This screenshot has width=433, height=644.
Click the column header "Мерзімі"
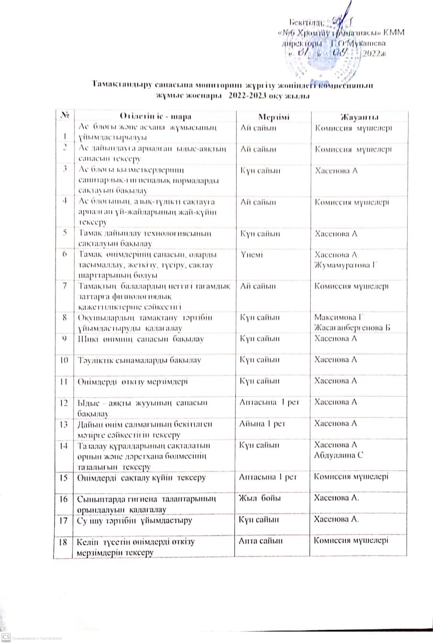pos(274,117)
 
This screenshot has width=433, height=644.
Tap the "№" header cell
pos(66,116)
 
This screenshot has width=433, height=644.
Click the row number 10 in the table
pos(63,360)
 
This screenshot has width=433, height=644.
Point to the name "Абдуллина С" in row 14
pos(339,455)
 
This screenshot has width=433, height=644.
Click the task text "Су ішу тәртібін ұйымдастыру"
pos(135,520)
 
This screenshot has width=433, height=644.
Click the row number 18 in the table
pos(63,542)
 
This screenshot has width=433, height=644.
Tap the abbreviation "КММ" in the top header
pos(393,32)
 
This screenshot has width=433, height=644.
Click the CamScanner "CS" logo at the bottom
pos(6,637)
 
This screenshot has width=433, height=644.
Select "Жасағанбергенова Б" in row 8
pos(352,328)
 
